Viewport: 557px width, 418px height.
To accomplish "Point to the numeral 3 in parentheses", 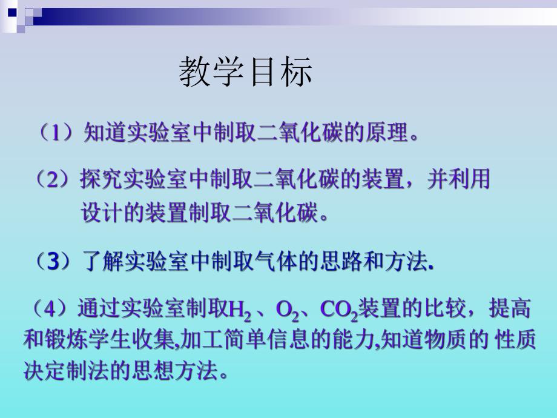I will [54, 262].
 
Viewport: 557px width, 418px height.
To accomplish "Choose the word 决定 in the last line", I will [39, 371].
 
